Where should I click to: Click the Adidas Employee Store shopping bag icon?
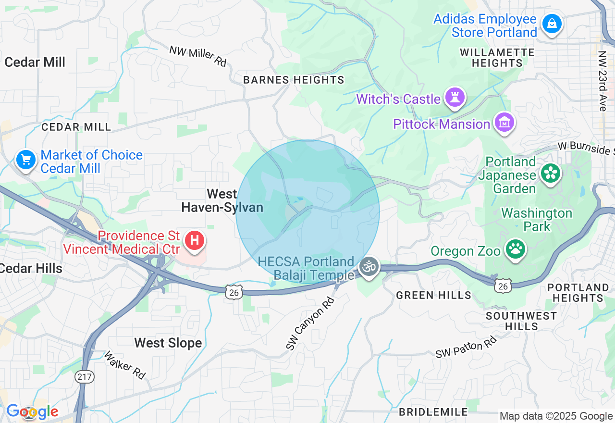tap(552, 24)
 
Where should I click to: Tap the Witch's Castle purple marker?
tap(455, 98)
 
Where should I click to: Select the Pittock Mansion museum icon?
tap(504, 123)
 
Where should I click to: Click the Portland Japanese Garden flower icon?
tap(551, 174)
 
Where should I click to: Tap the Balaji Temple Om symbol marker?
tap(369, 266)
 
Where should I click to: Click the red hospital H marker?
tap(195, 240)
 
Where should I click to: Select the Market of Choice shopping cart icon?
tap(25, 160)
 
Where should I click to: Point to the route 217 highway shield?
tap(85, 377)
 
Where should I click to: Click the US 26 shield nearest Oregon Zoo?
tap(503, 285)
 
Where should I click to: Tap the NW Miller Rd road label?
tap(197, 56)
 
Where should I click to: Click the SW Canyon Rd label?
tap(309, 323)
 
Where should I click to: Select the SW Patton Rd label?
tap(466, 348)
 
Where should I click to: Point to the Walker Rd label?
tap(124, 366)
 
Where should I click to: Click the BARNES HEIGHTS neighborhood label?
tap(294, 80)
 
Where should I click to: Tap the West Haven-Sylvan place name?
tap(222, 200)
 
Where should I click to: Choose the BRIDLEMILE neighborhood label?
tap(433, 412)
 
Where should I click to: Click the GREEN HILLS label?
tap(433, 295)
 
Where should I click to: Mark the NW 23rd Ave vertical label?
tap(603, 81)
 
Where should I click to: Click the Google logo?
tap(32, 411)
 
